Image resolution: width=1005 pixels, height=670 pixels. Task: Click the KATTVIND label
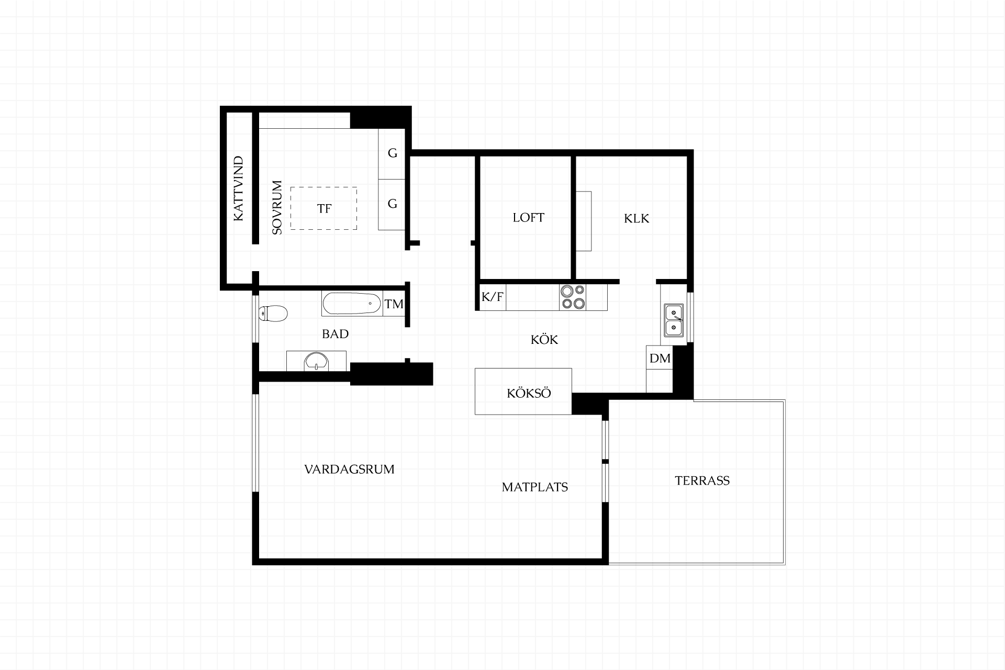coord(239,188)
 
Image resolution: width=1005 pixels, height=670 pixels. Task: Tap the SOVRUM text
coord(277,207)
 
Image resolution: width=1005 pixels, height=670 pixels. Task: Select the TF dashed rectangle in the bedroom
coord(324,187)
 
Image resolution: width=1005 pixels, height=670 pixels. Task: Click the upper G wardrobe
coord(392,153)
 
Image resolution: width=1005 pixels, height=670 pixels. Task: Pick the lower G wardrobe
coord(392,204)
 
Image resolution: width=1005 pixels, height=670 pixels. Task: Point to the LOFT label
coord(528,218)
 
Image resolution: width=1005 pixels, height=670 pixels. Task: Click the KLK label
coord(636,218)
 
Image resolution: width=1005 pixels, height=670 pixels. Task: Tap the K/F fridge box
coord(493,297)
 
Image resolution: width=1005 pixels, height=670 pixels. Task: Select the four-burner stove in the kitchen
coord(573,297)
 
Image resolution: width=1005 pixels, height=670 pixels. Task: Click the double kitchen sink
coord(673,320)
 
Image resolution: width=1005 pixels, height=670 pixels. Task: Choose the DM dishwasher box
coord(660,358)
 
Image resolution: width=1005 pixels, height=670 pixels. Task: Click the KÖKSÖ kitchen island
coord(523,392)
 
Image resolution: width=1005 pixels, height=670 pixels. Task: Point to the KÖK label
coord(544,340)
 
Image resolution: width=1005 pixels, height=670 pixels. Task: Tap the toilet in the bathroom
coord(273,314)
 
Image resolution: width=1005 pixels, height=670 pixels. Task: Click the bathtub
coord(352,304)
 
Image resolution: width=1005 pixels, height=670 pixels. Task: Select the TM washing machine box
coord(394,304)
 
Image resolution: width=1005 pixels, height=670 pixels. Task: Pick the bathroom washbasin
coord(317,361)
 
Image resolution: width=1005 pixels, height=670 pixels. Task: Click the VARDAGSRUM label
coord(349,470)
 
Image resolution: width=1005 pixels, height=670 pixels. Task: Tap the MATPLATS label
coord(535,487)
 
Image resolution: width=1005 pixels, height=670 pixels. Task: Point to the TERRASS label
coord(702,481)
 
